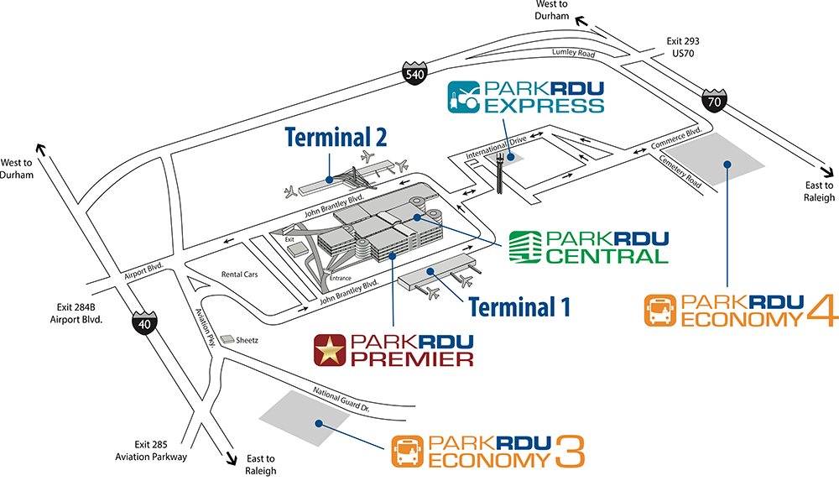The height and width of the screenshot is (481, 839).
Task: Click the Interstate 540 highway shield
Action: (x=414, y=72)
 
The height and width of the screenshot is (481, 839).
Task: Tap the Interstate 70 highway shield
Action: (x=714, y=100)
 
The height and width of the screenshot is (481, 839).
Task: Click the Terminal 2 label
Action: (x=336, y=137)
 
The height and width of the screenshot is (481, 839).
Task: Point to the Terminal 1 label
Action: (x=519, y=307)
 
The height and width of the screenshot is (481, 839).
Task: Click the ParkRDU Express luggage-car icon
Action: (x=463, y=97)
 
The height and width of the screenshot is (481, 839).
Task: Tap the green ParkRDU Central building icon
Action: (x=525, y=247)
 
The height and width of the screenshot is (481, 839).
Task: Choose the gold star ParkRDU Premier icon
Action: (x=330, y=350)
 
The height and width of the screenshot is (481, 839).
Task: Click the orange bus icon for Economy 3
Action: (x=407, y=451)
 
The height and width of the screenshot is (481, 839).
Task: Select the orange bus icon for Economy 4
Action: (x=660, y=310)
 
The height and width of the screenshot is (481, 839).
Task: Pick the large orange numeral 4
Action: (x=823, y=310)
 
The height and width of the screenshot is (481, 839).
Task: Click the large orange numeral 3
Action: (x=570, y=451)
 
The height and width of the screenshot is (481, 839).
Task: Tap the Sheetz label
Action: (x=247, y=340)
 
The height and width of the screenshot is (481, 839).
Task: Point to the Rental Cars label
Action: (x=239, y=274)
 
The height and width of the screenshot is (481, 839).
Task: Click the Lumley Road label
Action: (x=573, y=53)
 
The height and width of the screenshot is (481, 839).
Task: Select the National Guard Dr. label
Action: (x=341, y=399)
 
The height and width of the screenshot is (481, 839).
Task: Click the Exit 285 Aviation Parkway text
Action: (x=151, y=451)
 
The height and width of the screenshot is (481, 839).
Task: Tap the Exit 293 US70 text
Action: (x=683, y=47)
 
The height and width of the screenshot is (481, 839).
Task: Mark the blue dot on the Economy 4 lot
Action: (x=727, y=164)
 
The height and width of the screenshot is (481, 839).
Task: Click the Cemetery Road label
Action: (x=680, y=171)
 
